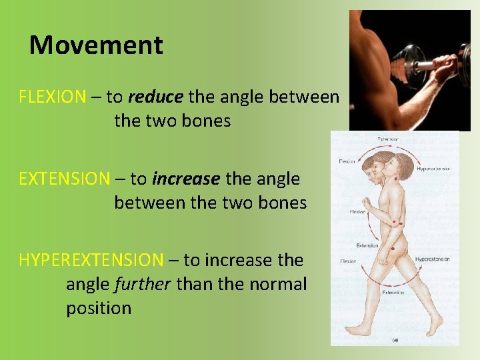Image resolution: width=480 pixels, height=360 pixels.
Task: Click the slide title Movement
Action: tap(96, 45)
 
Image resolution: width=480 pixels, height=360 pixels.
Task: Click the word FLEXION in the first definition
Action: tap(52, 97)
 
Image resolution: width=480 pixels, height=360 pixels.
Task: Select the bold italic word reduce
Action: tap(155, 97)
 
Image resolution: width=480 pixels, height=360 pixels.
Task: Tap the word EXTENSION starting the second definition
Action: tap(64, 179)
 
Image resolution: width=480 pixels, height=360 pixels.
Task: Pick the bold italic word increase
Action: tap(186, 179)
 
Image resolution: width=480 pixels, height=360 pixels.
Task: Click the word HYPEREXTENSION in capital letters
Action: tap(91, 260)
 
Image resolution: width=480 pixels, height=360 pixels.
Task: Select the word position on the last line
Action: tap(99, 308)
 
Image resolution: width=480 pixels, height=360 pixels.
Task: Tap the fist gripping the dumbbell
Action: tap(445, 68)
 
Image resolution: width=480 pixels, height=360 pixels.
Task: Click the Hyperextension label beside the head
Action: tap(434, 169)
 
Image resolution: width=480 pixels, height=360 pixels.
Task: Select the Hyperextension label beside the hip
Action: tap(432, 259)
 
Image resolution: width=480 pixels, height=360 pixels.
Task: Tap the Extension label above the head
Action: tap(389, 139)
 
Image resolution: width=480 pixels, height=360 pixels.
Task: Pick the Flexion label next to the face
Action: tap(347, 161)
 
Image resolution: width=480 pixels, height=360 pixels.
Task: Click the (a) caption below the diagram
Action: tap(395, 340)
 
